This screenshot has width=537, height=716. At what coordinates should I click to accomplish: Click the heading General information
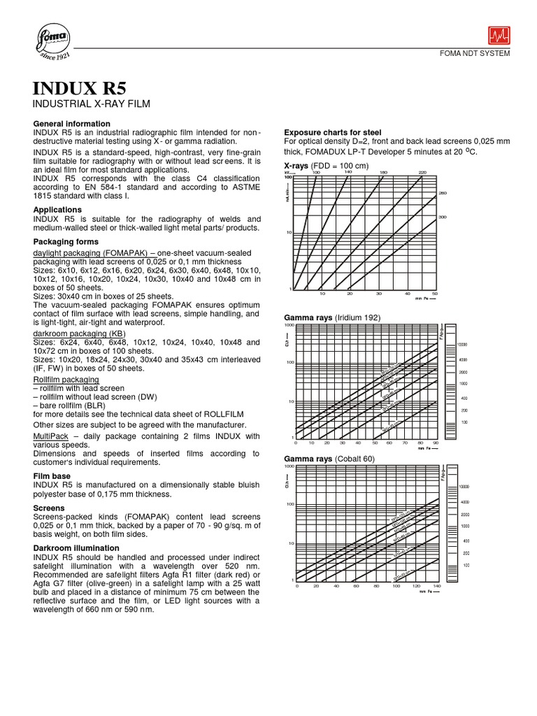[x=73, y=124]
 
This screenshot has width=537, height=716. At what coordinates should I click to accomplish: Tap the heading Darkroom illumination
[x=76, y=547]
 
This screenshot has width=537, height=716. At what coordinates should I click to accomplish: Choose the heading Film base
[x=53, y=475]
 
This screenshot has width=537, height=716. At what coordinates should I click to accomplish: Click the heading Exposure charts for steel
[x=333, y=132]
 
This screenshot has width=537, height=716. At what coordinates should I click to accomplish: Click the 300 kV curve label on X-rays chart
[x=442, y=217]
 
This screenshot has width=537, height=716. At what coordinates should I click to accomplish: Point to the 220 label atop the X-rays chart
[x=422, y=171]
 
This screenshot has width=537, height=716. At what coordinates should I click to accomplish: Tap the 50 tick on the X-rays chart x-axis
[x=435, y=294]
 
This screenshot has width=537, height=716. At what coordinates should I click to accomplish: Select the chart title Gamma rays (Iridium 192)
[x=332, y=317]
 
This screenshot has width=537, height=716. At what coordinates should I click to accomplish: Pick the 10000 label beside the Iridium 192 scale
[x=463, y=345]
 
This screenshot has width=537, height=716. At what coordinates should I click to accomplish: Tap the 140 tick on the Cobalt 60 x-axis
[x=436, y=586]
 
